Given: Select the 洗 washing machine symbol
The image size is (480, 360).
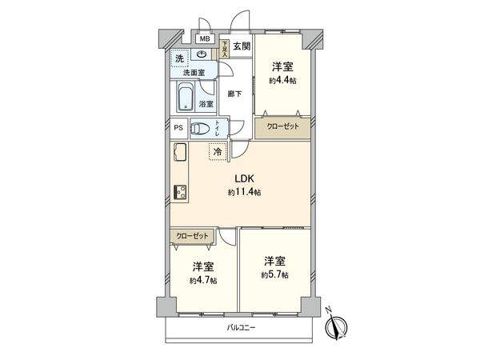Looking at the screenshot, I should pos(179,58).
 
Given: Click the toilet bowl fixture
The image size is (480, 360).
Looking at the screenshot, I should pos(200,127).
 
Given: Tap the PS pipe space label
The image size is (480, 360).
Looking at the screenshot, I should pos(178,127).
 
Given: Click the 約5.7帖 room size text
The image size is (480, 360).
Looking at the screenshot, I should pos(274,274).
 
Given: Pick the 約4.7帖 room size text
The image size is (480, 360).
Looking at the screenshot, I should pos(202,281).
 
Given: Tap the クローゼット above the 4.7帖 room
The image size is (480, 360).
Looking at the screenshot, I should pos(193,237).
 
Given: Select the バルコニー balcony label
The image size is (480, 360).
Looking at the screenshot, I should pos(241,329).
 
